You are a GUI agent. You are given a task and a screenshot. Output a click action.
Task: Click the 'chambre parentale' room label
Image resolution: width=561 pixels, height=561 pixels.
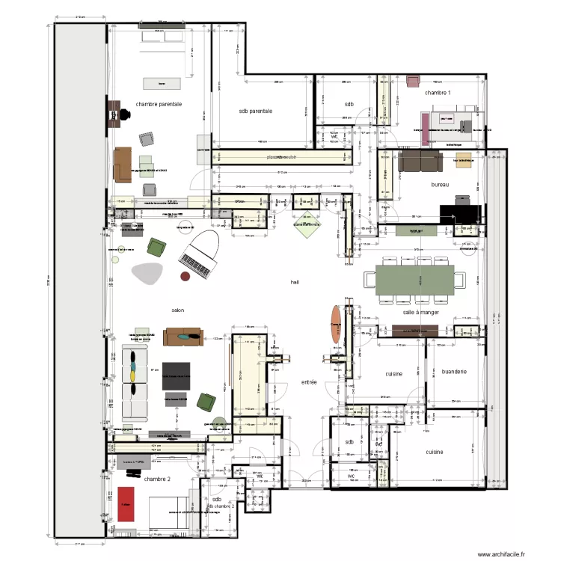[x=159, y=105]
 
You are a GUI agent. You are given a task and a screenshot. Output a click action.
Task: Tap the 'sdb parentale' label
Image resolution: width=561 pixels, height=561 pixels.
[x=255, y=111]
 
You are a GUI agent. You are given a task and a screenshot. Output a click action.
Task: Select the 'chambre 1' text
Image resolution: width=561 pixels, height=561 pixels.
[x=438, y=93]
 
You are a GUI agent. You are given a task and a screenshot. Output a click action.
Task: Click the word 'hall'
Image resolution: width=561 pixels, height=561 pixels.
[x=296, y=282]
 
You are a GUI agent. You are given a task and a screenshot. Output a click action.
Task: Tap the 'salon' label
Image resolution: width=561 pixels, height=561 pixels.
[x=178, y=310]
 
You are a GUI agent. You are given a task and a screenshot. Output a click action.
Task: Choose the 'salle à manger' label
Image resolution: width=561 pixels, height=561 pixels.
[x=420, y=313]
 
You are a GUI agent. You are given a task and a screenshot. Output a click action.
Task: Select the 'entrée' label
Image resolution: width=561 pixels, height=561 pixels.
[x=308, y=382]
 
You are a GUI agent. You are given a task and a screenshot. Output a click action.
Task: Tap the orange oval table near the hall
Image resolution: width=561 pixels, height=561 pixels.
[x=334, y=324]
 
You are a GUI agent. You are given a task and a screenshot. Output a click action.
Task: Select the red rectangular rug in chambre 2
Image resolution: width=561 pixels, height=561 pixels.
[x=126, y=505]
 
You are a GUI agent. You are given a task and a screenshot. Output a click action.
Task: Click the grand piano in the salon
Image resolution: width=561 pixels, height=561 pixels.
[x=198, y=252]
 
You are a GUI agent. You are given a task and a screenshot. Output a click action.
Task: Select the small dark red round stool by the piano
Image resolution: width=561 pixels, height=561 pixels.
[x=186, y=276]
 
